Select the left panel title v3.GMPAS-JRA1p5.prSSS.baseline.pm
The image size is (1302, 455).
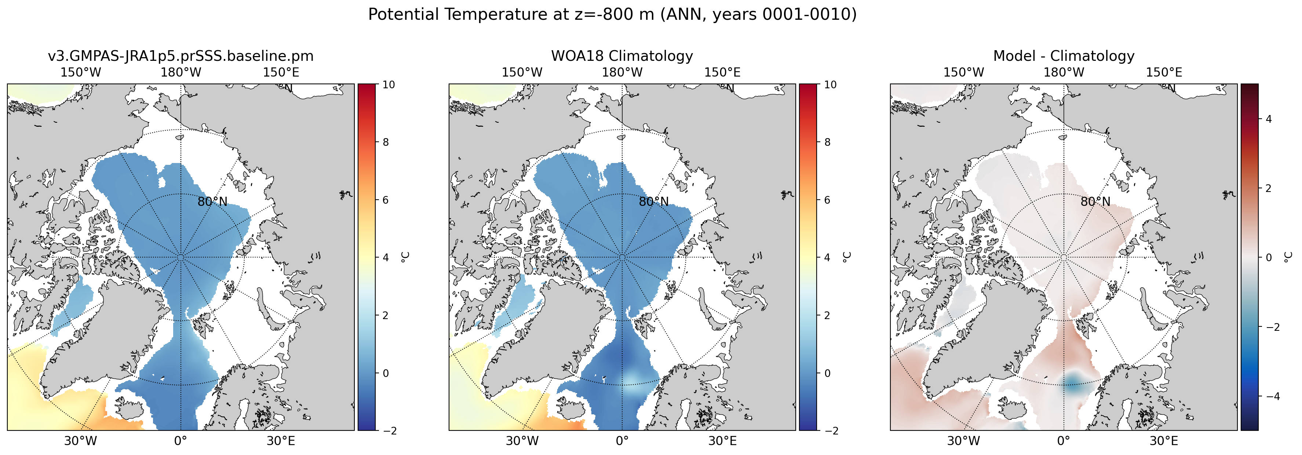point(181,56)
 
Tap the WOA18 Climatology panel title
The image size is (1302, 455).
point(622,56)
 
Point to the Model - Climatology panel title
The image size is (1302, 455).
point(1064,56)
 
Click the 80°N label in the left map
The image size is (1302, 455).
point(212,202)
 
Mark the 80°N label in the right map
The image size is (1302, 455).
point(1095,202)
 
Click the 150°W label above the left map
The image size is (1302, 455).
point(81,73)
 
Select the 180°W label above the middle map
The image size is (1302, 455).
point(622,73)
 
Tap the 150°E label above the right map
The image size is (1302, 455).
point(1164,73)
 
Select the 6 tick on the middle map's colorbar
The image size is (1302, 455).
point(827,200)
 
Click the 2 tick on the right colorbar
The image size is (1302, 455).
point(1269,188)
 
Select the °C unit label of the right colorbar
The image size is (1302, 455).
point(1288,257)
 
